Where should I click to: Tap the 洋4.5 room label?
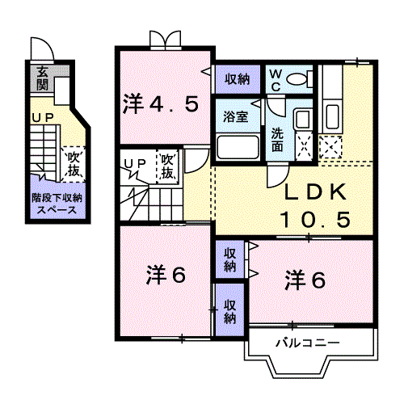pos(161,104)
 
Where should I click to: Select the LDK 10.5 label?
pos(314,205)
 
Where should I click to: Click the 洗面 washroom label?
pos(277,141)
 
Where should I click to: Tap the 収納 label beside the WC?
pos(237,78)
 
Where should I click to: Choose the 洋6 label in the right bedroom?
pos(305,280)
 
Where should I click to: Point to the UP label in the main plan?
pos(135,163)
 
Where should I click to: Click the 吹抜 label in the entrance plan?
pos(74,162)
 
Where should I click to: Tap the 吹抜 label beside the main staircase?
pos(167,166)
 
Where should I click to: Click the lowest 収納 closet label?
pos(230,311)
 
